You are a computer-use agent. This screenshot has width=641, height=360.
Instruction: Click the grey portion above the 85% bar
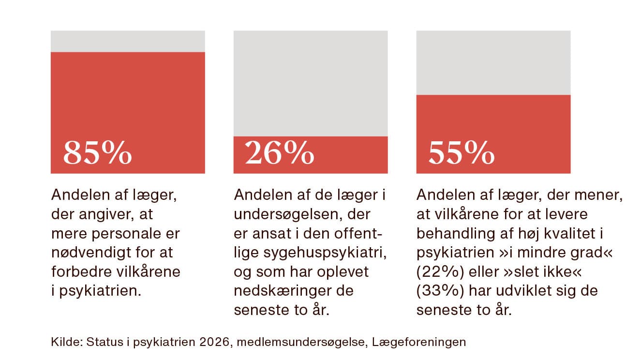(128, 41)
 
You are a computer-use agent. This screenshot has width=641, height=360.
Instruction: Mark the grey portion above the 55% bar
(493, 62)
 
